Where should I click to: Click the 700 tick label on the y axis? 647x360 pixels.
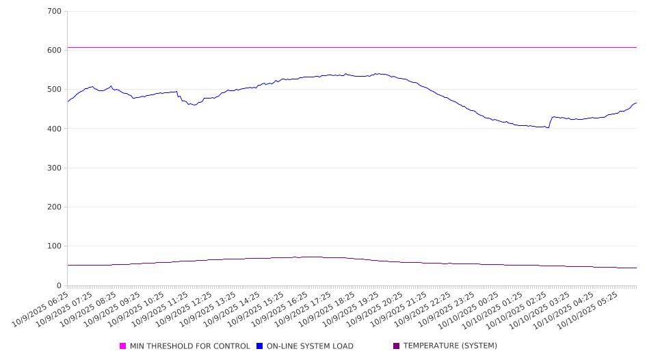pos(55,12)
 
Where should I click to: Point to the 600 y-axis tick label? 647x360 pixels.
pos(55,51)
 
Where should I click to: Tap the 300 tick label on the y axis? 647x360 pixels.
pos(55,168)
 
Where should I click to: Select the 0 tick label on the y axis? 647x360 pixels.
pos(59,285)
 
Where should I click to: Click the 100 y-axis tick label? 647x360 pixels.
pos(55,246)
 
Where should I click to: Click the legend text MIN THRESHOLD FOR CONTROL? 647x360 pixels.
pos(189,346)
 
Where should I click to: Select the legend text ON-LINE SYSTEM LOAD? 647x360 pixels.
pos(310,346)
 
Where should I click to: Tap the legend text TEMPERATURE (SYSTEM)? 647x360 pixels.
pos(450,346)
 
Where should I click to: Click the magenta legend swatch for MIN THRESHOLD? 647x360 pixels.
pos(123,346)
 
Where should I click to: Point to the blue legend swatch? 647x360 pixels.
pos(260,346)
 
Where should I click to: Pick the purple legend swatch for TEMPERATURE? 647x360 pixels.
pos(397,346)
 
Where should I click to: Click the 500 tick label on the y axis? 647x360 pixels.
pos(55,90)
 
